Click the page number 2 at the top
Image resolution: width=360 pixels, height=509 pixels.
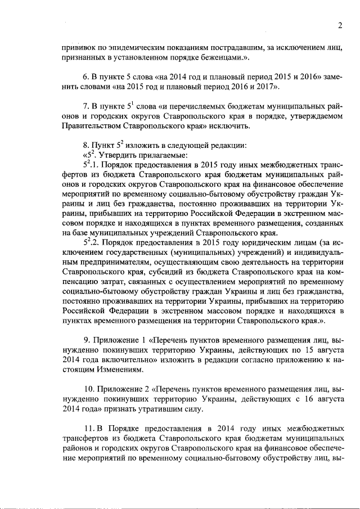tap(340, 25)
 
